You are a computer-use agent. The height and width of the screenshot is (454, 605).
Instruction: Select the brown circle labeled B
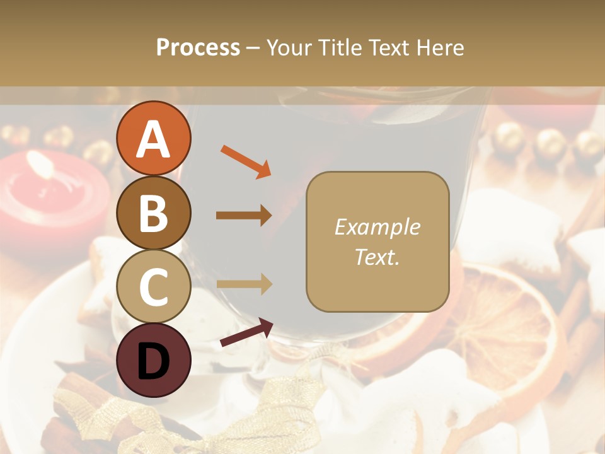point(154,213)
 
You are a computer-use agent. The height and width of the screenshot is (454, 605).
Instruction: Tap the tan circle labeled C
point(154,287)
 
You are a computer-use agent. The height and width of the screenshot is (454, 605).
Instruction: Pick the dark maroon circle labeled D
point(154,361)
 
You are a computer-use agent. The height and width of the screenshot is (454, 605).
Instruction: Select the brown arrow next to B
point(244,216)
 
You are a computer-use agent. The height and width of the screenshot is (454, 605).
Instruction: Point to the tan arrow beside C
point(244,284)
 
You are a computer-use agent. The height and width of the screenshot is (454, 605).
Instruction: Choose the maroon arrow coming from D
point(246,333)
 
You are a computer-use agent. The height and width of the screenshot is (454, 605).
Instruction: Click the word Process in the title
point(198,47)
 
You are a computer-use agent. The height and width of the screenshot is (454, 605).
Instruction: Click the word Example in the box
point(377,227)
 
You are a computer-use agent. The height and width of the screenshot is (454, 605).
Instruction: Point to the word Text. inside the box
point(377,257)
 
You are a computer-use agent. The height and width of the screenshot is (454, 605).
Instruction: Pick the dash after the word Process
point(253,49)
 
